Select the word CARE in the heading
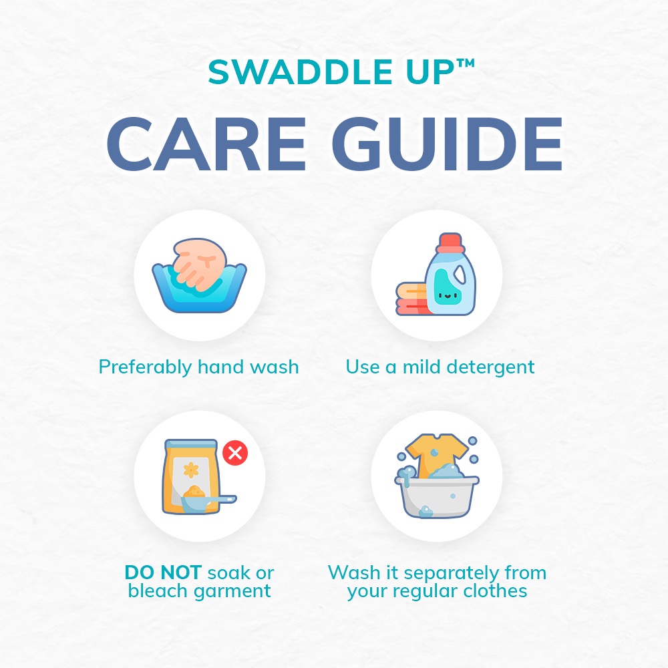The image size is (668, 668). [206, 144]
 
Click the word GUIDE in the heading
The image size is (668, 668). [448, 144]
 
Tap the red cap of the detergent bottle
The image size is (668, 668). [451, 242]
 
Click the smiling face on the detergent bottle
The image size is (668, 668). [446, 295]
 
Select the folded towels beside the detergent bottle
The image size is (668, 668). [411, 299]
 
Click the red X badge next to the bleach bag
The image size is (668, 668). [235, 452]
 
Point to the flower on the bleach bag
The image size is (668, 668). [191, 470]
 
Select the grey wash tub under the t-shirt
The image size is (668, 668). [438, 496]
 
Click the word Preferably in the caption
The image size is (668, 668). [145, 367]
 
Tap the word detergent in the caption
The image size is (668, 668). [490, 367]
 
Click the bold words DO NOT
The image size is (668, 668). [163, 572]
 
